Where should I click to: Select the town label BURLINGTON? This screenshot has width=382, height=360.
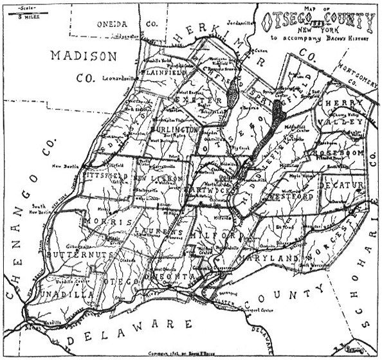point(174,130)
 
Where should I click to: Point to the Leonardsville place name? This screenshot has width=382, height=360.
point(122,78)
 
